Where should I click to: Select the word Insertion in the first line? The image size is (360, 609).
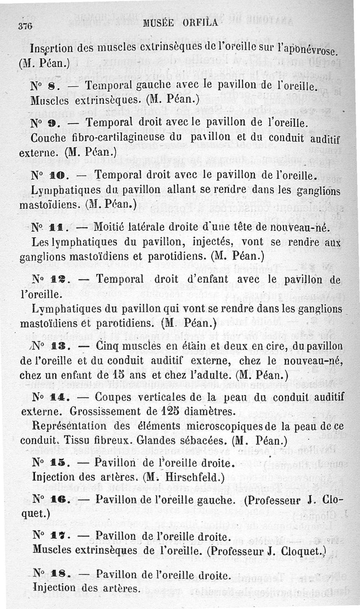(53, 47)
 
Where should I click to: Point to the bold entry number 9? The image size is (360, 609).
(52, 122)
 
